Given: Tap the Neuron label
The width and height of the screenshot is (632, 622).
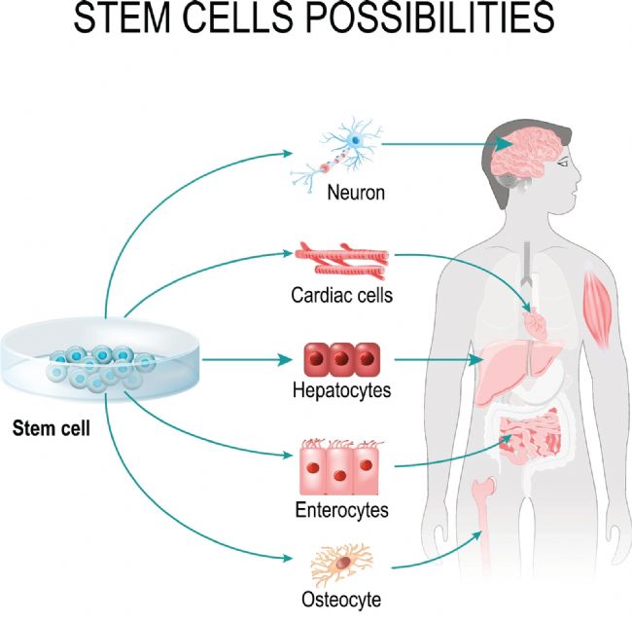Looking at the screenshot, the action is click(x=356, y=192).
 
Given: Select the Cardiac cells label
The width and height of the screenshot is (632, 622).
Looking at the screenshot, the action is click(x=342, y=295).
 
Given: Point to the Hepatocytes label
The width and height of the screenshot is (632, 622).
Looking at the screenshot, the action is click(x=342, y=390).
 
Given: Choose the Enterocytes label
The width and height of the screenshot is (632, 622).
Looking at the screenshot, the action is click(x=342, y=510).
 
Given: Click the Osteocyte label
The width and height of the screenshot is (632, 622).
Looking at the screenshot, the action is click(x=341, y=599).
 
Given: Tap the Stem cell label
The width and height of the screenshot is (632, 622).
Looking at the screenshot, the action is click(x=52, y=428).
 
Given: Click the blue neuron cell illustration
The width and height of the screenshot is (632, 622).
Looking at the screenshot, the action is click(x=336, y=155).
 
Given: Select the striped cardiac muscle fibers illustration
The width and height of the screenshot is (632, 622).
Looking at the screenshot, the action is click(x=342, y=261).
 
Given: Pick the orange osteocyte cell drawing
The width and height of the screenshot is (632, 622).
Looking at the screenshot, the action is click(x=342, y=564).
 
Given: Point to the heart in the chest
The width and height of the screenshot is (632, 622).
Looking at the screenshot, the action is click(x=535, y=322).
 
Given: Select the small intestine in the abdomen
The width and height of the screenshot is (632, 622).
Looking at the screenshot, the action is click(x=530, y=435).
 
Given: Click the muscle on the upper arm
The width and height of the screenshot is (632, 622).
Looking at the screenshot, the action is click(x=598, y=309).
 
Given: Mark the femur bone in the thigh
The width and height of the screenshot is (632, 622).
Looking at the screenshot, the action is click(x=484, y=525).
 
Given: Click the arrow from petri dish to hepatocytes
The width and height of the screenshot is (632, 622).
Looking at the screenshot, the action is click(x=247, y=359).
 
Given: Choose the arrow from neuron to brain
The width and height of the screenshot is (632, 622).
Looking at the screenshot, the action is click(x=447, y=144).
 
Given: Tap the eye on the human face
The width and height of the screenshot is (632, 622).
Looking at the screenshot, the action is click(x=563, y=164).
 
